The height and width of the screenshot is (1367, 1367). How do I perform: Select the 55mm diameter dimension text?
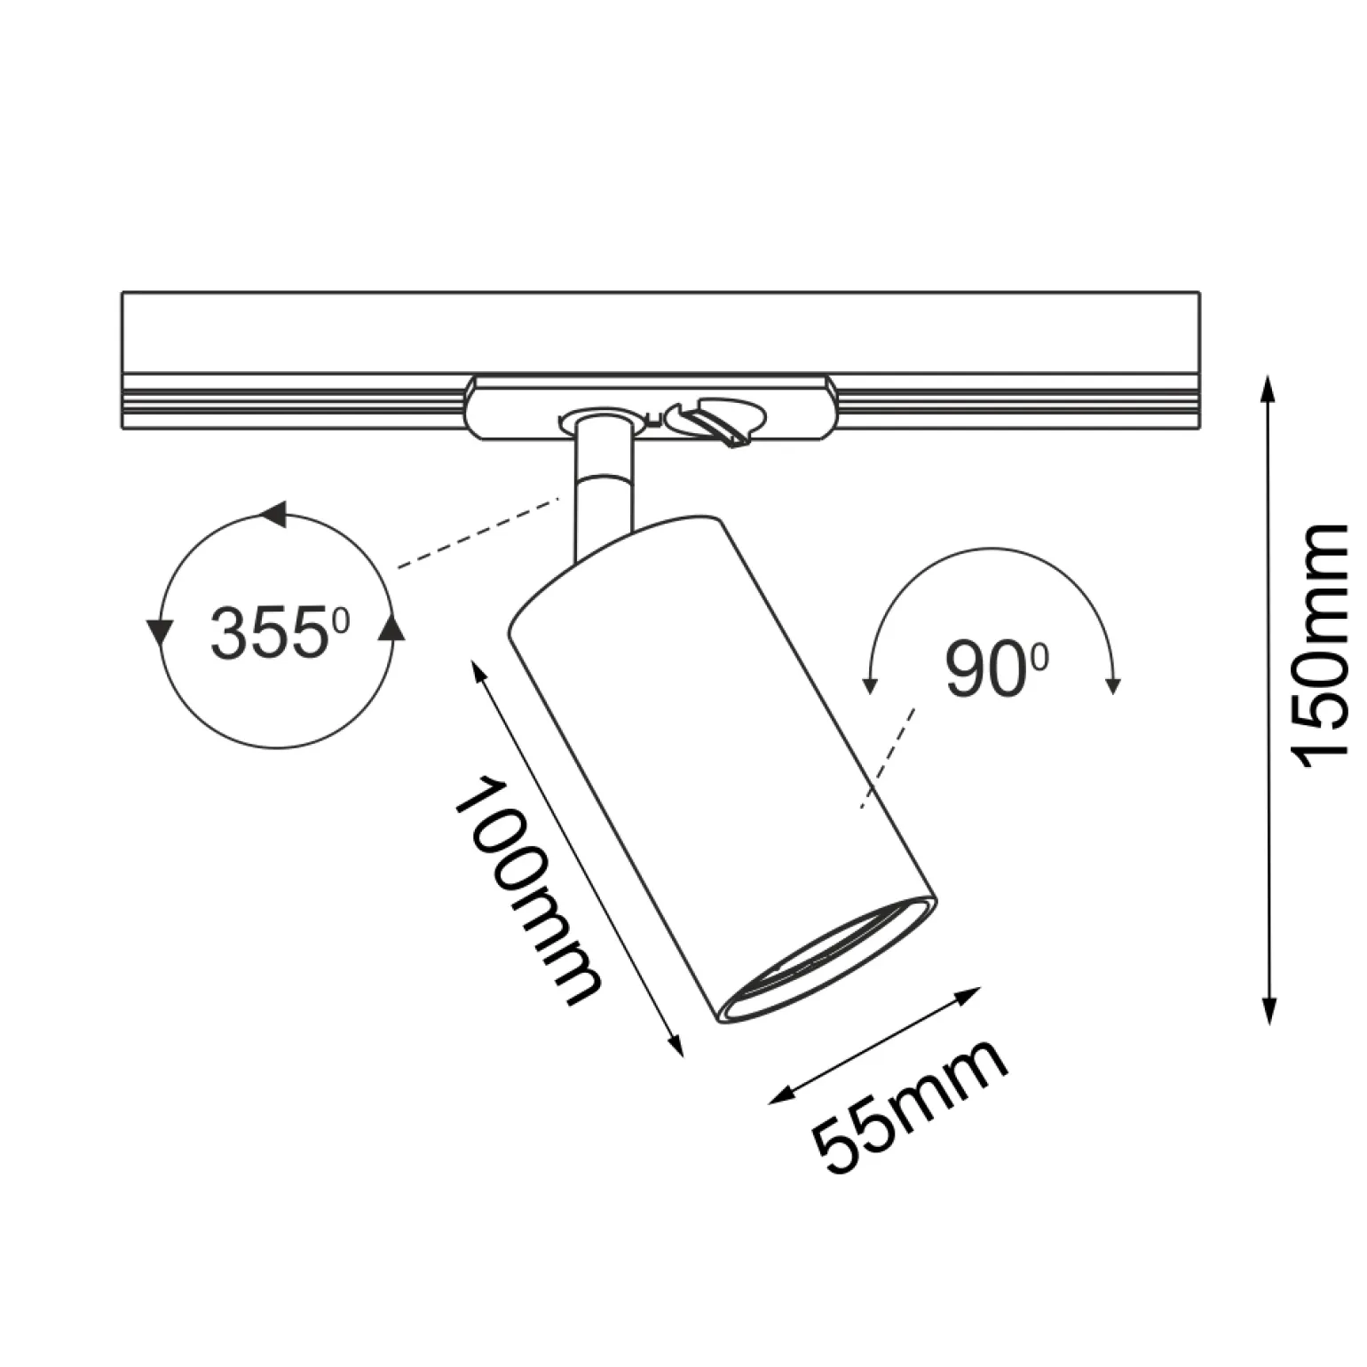tap(912, 1110)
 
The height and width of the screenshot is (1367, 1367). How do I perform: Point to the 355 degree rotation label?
tap(281, 632)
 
